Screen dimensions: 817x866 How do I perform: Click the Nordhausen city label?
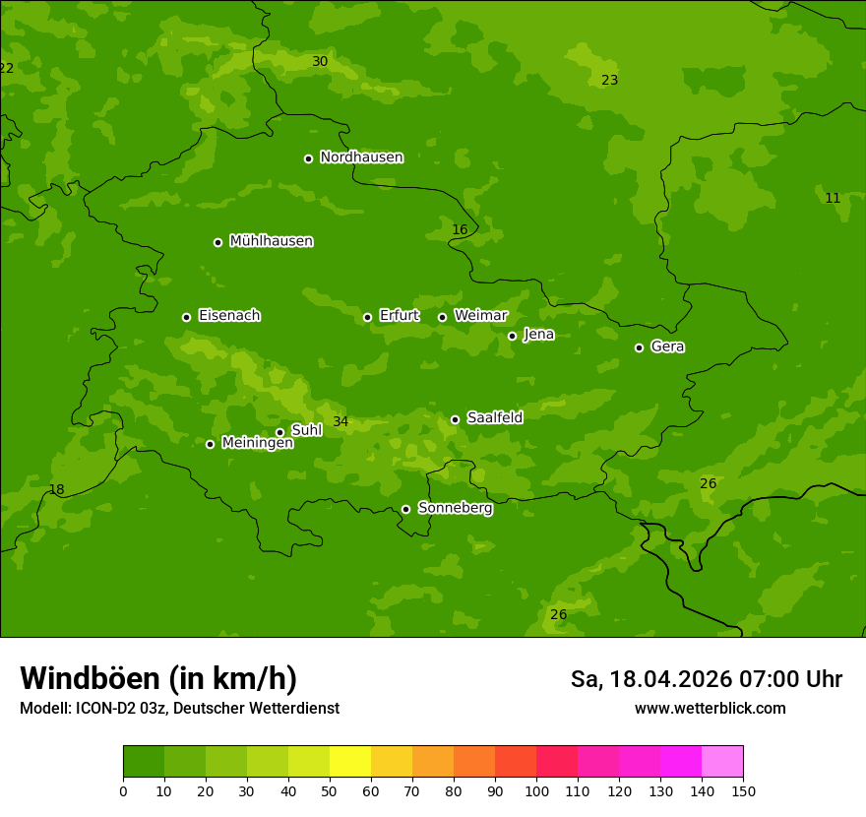(361, 157)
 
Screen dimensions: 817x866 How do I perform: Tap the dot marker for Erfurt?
(367, 317)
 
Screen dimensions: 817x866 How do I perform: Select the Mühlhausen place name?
(271, 241)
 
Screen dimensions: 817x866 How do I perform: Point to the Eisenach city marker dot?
(186, 317)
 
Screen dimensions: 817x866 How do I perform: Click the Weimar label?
(480, 316)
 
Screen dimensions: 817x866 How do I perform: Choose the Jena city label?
(538, 335)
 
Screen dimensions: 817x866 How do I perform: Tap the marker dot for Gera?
(639, 347)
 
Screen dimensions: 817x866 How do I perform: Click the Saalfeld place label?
(494, 418)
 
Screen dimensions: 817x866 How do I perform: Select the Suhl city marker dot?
(279, 432)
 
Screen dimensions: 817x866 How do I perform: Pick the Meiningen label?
(257, 443)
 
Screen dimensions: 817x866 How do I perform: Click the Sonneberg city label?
(455, 508)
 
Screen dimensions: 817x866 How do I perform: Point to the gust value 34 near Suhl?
(340, 422)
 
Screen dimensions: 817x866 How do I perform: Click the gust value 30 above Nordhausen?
(320, 62)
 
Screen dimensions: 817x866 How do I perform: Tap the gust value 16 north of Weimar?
(460, 230)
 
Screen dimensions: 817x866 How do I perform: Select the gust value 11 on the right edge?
(833, 199)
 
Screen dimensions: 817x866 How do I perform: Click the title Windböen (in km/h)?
(158, 678)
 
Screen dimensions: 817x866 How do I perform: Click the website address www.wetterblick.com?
(710, 708)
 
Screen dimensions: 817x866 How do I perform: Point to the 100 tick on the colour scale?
(536, 790)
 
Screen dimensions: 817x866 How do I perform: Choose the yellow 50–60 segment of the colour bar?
(350, 761)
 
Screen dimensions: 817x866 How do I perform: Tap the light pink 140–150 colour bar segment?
(722, 761)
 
